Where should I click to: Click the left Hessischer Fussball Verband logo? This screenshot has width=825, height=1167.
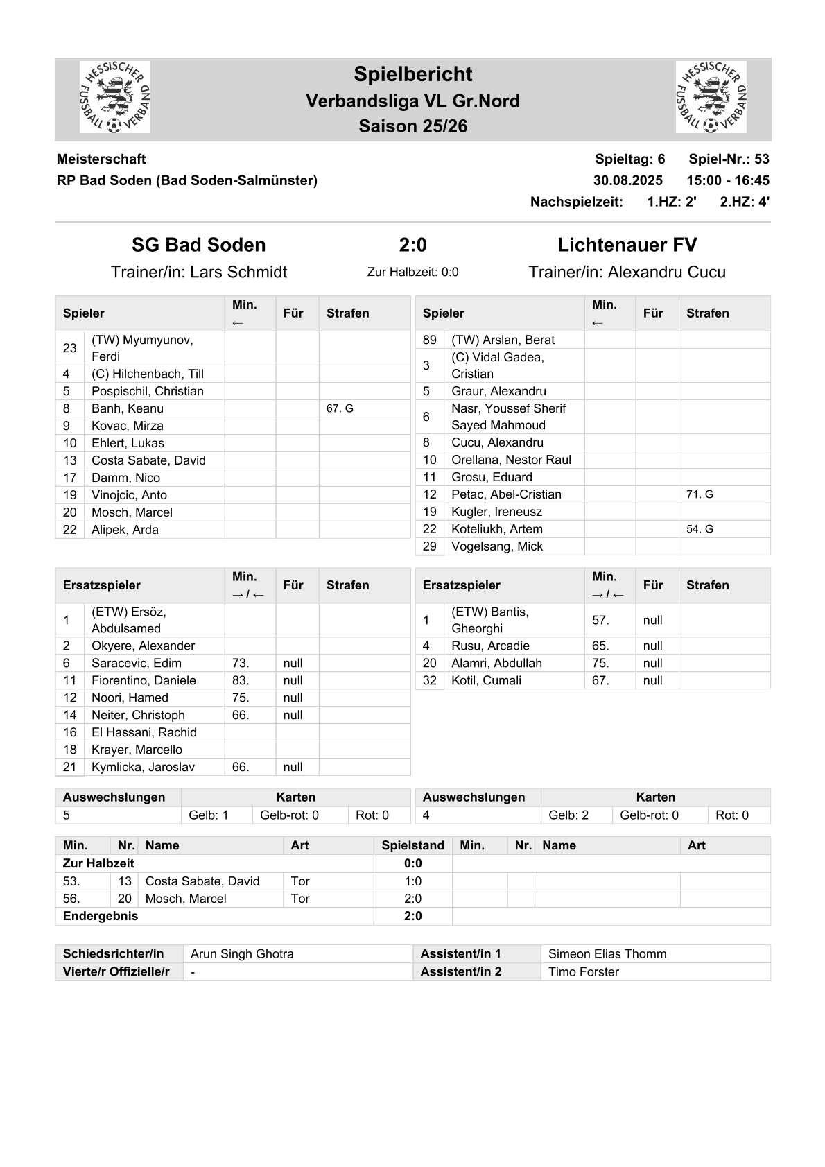pos(115,97)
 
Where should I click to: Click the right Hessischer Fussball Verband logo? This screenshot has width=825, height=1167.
pos(711,97)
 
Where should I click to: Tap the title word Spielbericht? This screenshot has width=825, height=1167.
pos(412,74)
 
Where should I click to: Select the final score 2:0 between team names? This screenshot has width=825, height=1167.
pos(412,245)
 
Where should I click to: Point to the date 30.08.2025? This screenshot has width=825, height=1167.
pos(627,180)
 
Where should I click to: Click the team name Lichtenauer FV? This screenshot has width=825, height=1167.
pos(627,245)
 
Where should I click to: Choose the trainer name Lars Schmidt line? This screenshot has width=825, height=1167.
pos(199,272)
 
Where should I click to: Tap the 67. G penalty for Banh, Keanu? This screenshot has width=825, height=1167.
pos(340,408)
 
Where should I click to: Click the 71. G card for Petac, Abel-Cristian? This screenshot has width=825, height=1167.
pos(700,494)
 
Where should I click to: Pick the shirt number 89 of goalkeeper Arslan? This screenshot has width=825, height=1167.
pos(429,340)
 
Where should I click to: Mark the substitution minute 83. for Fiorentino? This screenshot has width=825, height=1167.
pos(241,680)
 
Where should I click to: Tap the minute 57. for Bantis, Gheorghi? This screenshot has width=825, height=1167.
pos(600,620)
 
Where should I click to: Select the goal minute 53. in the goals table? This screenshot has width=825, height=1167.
pos(71,881)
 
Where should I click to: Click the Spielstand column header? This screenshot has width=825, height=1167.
pos(412,845)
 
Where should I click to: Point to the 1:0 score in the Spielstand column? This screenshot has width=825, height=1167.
pos(412,881)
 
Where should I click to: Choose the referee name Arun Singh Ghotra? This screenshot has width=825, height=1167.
pos(242,953)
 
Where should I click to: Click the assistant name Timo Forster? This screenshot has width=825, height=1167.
pos(583,971)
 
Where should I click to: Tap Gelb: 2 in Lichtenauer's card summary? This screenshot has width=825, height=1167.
pos(568,815)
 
